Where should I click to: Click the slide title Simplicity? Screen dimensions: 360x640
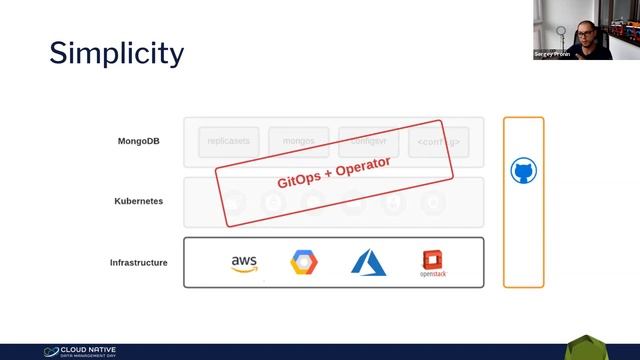click(x=116, y=52)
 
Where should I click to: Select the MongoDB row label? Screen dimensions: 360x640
click(x=139, y=141)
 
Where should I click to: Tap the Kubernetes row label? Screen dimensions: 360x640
click(x=138, y=201)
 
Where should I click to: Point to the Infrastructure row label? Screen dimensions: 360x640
click(x=138, y=263)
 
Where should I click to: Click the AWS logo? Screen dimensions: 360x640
click(x=244, y=263)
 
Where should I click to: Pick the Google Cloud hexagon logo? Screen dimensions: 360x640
click(x=304, y=263)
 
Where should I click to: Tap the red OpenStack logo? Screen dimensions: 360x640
click(x=432, y=264)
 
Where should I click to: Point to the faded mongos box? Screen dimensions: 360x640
click(x=298, y=142)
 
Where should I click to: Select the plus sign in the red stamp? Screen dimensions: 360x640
click(x=333, y=172)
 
